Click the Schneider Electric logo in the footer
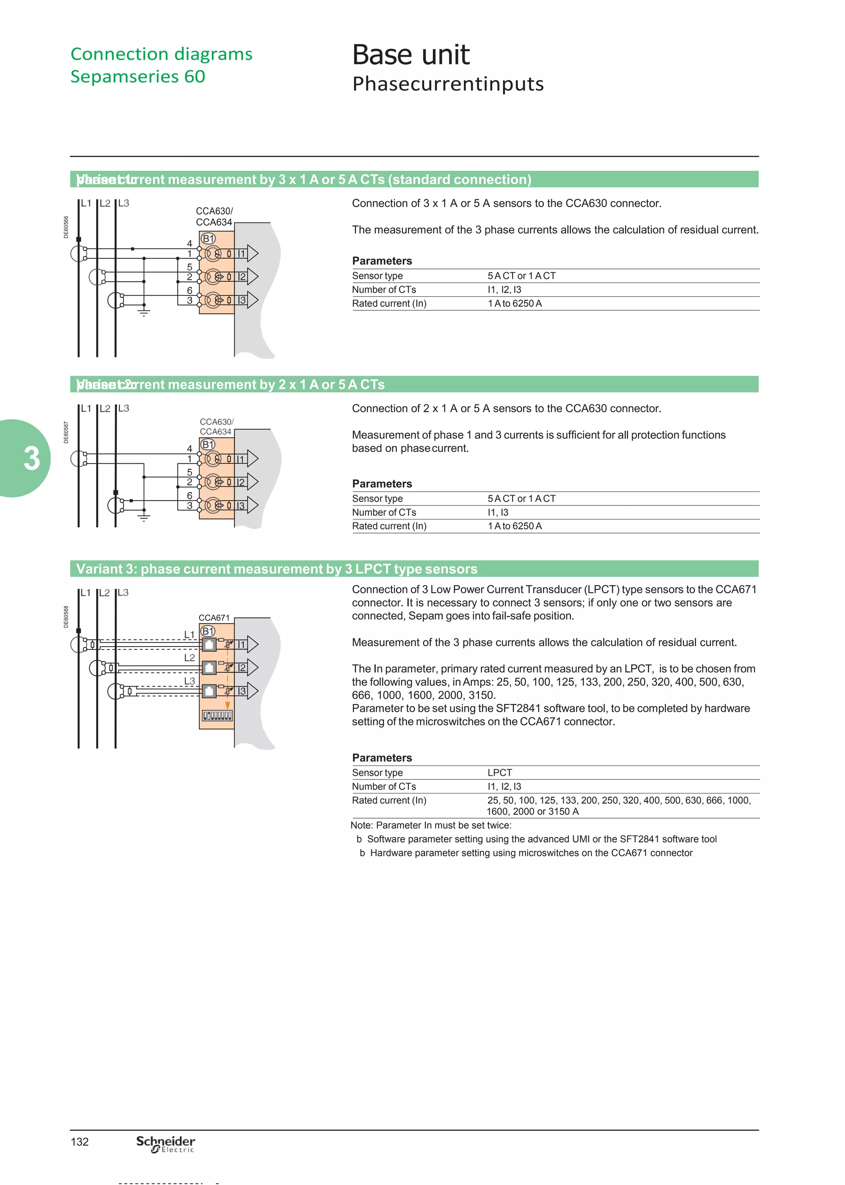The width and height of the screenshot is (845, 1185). coord(165,1144)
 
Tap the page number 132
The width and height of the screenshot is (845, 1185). coord(80,1142)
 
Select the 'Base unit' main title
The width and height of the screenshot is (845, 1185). coord(411,54)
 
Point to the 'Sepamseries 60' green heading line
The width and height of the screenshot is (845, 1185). coord(138,76)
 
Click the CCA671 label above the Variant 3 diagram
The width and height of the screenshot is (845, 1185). coord(214,618)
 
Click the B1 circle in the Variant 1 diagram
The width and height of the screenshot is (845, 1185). coord(208,238)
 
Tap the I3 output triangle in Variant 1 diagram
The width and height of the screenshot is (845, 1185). coord(253,300)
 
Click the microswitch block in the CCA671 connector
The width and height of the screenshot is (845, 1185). coord(217,716)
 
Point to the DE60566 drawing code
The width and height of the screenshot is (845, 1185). coord(66,227)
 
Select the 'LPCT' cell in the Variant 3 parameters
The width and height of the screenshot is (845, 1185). coord(500,772)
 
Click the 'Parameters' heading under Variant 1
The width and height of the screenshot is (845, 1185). coord(382,261)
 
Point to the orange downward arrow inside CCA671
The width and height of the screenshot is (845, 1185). coord(227,704)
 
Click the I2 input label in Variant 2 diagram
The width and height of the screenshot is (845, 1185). coord(241,482)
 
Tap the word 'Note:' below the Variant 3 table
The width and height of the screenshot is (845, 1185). coord(361,825)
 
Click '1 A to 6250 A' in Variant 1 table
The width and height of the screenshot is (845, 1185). coord(514,303)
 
